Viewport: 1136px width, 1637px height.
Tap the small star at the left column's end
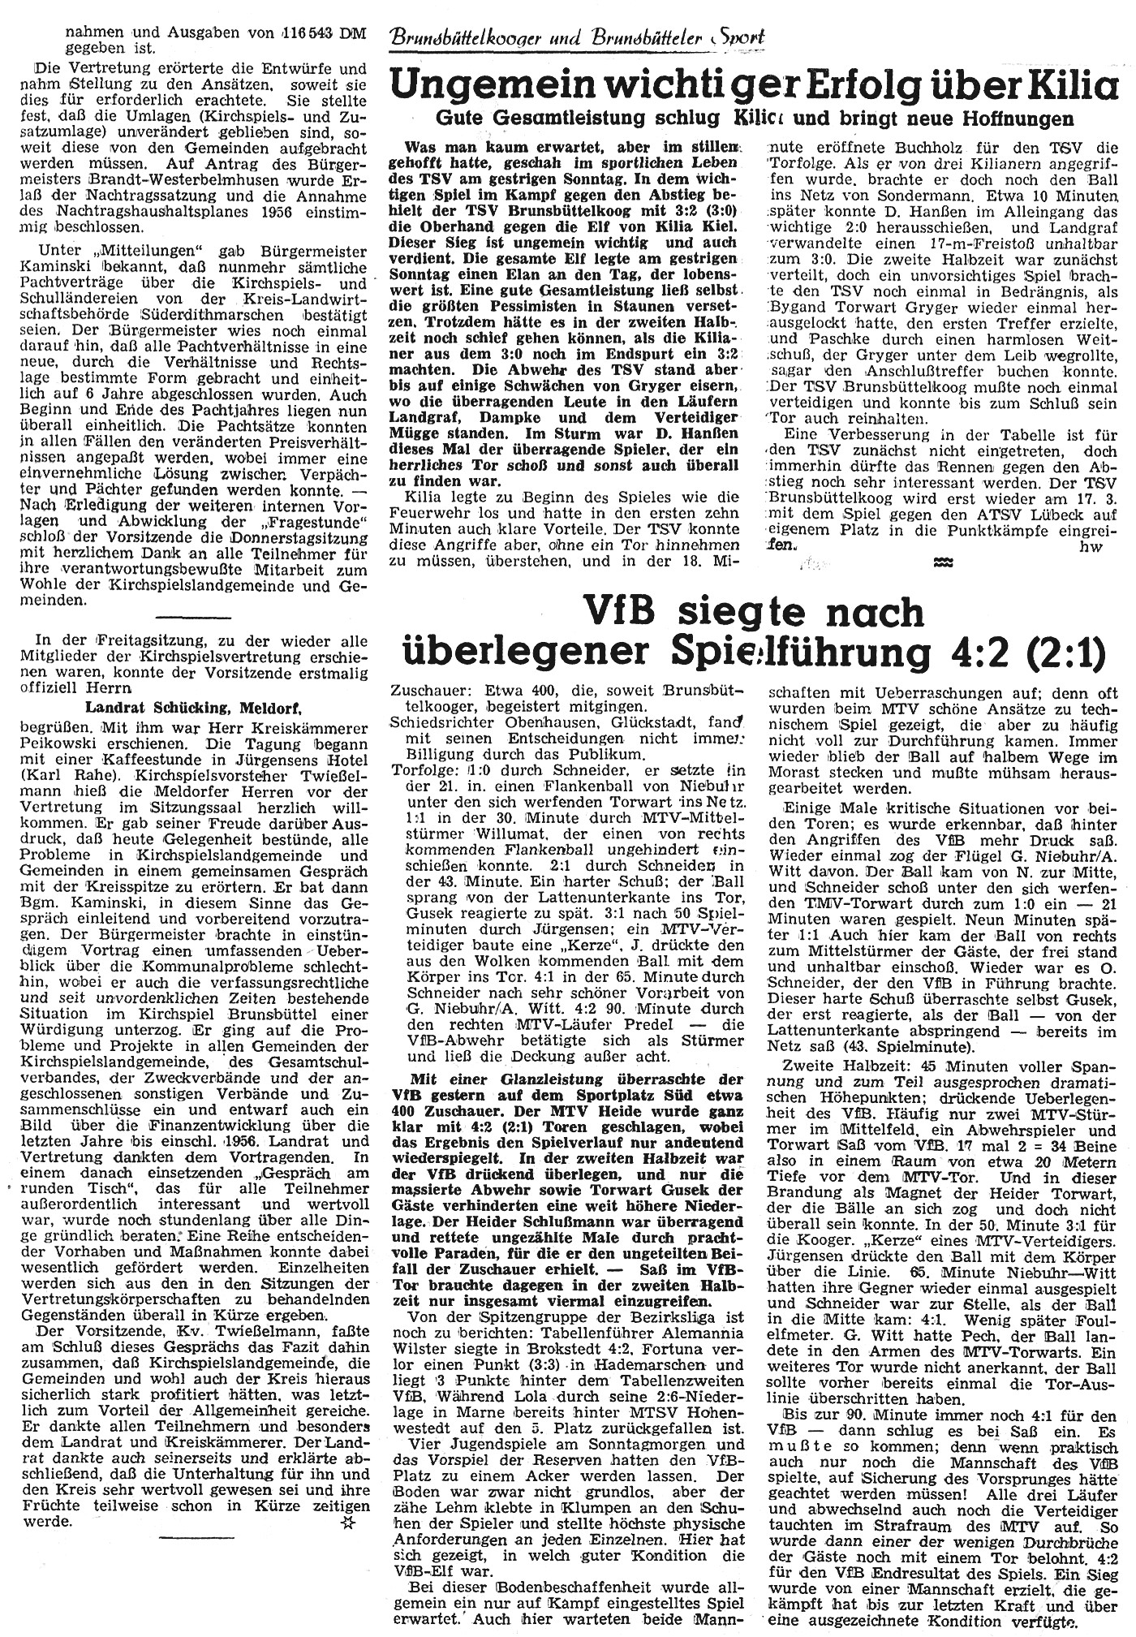348,1523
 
